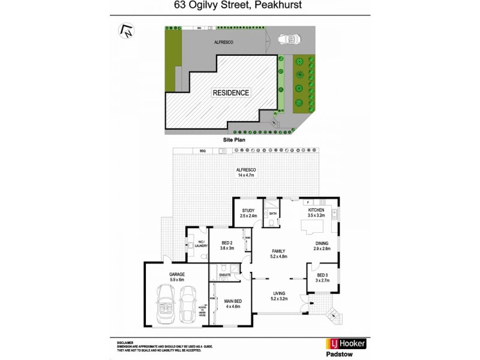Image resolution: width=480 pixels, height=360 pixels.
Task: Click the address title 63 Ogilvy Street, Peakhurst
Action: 241,7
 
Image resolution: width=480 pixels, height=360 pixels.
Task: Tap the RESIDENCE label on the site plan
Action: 231,93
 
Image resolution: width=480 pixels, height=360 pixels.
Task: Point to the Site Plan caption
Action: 235,139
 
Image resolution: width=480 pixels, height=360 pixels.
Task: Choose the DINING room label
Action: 322,244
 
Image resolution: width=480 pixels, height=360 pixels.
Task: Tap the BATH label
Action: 272,214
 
